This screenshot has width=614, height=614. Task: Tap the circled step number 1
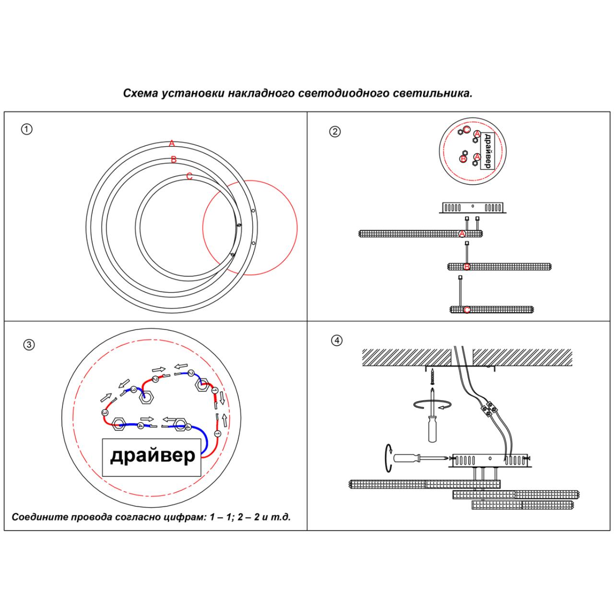tap(27, 129)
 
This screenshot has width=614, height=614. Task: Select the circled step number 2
tap(335, 132)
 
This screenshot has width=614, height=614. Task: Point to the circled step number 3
tap(29, 344)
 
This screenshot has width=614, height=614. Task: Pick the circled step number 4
tap(337, 341)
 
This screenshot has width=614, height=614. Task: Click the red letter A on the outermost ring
tap(172, 143)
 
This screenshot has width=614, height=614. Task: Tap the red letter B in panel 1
tap(174, 160)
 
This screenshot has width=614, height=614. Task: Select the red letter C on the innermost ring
tap(189, 177)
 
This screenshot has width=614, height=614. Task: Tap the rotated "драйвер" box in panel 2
tap(487, 151)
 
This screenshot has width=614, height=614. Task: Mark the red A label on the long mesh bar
tap(462, 234)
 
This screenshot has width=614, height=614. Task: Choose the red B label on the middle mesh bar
tap(467, 267)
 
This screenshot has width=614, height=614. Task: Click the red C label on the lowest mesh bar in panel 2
tap(467, 310)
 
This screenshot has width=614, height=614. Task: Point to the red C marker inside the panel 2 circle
tap(466, 129)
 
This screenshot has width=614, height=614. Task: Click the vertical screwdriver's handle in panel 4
tap(433, 429)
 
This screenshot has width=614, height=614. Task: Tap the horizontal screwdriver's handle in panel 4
tap(406, 458)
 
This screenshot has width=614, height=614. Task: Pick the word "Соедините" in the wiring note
tap(39, 518)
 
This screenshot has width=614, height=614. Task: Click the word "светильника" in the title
tap(439, 93)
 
